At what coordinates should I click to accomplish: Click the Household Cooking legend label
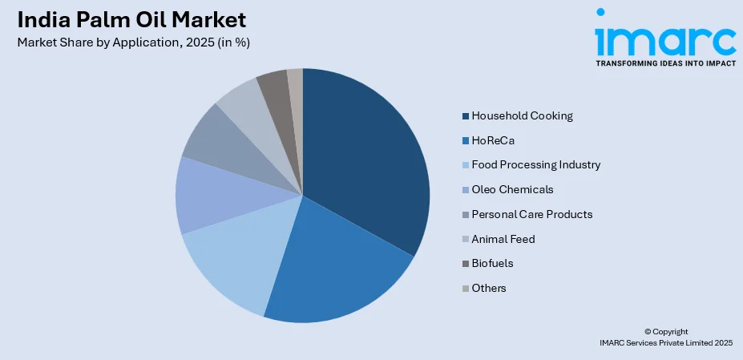(522, 115)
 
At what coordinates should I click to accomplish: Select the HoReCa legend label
(493, 140)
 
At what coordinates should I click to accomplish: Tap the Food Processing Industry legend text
(535, 165)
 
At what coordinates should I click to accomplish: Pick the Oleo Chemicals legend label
(512, 190)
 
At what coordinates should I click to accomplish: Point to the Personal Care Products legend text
(531, 215)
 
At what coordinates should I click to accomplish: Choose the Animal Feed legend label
(503, 238)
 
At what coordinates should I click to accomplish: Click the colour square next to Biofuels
(466, 263)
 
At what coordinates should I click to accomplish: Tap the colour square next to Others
(466, 288)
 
